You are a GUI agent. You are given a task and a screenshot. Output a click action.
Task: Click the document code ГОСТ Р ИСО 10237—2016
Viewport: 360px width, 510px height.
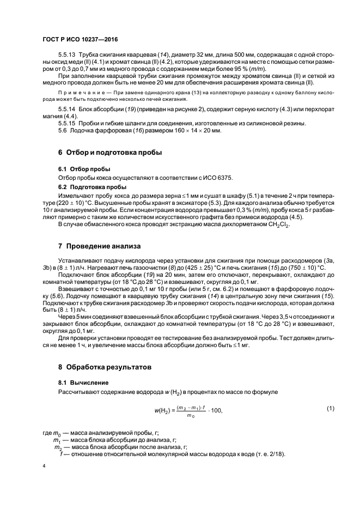click(80, 40)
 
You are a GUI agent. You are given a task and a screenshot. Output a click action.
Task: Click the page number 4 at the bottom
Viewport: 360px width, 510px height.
click(44, 466)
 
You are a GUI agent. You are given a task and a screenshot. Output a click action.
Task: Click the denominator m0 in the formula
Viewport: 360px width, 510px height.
click(190, 416)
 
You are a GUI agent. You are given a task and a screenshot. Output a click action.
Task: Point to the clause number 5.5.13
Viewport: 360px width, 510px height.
click(68, 56)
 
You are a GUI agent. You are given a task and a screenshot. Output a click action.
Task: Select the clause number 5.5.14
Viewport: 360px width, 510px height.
click(68, 109)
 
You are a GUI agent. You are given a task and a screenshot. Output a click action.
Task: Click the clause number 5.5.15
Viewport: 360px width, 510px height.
click(68, 123)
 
